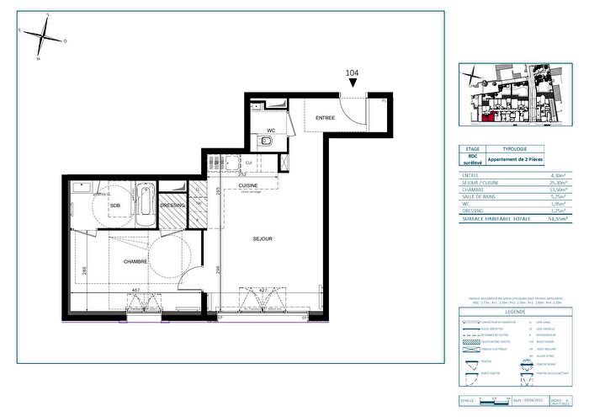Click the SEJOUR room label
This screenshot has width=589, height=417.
click(x=263, y=239)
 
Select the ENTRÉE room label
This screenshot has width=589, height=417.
click(x=326, y=119)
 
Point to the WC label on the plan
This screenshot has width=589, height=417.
click(x=271, y=130)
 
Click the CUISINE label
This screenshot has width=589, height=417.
click(x=247, y=185)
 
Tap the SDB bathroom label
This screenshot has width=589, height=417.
click(x=116, y=205)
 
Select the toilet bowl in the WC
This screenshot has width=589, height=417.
click(x=267, y=142)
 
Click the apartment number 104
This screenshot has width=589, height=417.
click(x=353, y=74)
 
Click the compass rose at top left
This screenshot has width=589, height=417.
click(x=40, y=35)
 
